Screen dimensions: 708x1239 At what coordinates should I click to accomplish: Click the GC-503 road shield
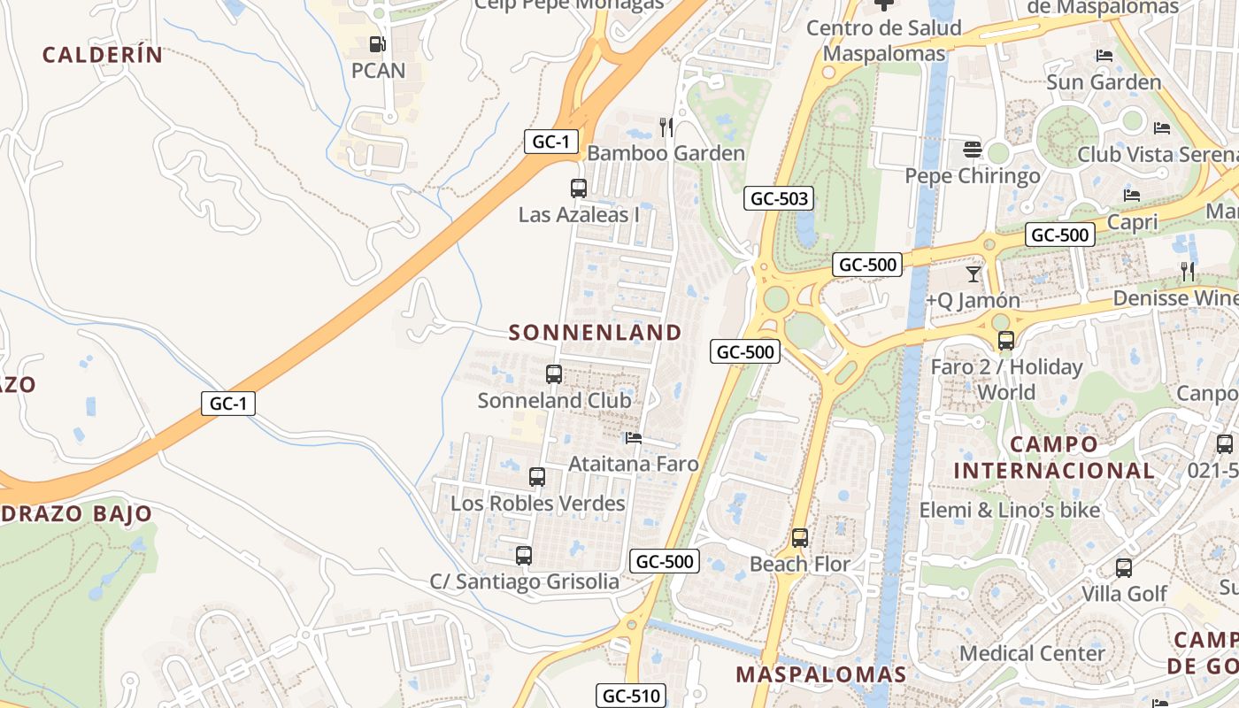pos(778,198)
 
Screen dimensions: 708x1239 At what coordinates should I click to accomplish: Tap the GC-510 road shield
pos(631,696)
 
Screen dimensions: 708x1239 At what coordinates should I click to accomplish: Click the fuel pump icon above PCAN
pos(377,43)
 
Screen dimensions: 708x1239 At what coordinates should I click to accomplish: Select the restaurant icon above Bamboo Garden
pos(666,127)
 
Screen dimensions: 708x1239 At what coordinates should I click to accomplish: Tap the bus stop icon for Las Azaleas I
pos(578,188)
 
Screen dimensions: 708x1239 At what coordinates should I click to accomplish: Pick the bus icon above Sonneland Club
pos(554,373)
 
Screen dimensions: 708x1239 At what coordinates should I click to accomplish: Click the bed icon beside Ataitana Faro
pos(633,437)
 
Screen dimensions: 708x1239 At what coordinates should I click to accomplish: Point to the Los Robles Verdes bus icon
pos(537,477)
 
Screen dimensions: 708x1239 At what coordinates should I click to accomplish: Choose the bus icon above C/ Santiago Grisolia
pos(524,556)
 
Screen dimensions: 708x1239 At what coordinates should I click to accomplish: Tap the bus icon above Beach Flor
pos(800,537)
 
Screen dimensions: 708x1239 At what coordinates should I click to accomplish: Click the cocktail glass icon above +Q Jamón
pos(973,273)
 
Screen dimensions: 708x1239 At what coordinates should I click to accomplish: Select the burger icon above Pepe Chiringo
pos(973,149)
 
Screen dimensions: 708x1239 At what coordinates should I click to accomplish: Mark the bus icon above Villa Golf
pos(1124,567)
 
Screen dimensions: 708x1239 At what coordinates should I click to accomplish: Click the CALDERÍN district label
pos(103,55)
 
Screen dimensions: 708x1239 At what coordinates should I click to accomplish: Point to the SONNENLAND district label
pos(596,333)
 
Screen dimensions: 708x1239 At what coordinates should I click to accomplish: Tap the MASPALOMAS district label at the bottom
pos(821,674)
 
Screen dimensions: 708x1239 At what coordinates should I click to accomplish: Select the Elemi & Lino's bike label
pos(1010,510)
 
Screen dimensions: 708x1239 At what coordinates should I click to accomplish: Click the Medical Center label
pos(1033,653)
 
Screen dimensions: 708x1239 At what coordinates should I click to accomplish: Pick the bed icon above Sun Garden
pos(1104,56)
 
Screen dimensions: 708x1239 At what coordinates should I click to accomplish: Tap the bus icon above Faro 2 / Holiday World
pos(1005,340)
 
